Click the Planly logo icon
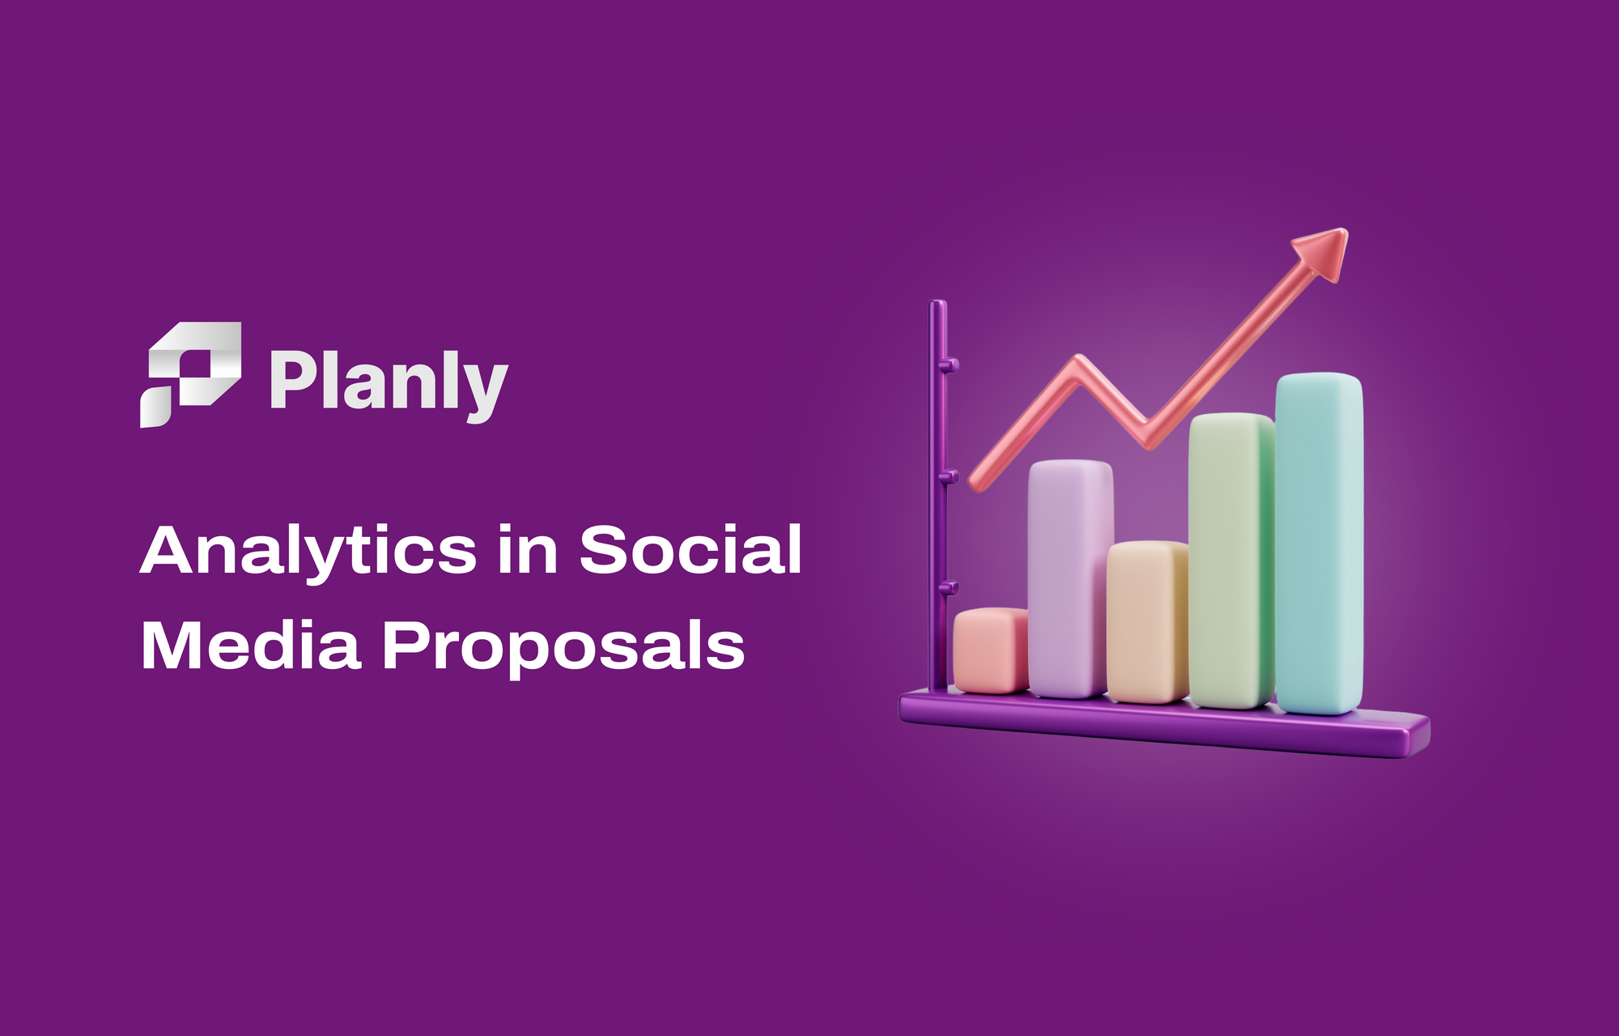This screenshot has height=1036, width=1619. (x=191, y=374)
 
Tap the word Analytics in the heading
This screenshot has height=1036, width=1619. (x=308, y=552)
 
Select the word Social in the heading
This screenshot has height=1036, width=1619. (x=691, y=548)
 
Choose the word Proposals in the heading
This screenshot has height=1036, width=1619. (x=563, y=647)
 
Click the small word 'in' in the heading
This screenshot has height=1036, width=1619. (x=528, y=548)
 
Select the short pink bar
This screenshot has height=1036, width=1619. (x=992, y=650)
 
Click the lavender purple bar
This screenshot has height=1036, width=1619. (x=1070, y=578)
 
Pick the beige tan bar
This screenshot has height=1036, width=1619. (x=1148, y=621)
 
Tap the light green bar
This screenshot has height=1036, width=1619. (x=1231, y=561)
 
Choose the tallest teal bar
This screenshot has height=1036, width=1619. (x=1319, y=544)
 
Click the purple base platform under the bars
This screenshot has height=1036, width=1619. (x=1164, y=723)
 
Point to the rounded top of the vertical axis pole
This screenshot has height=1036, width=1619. (x=938, y=305)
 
